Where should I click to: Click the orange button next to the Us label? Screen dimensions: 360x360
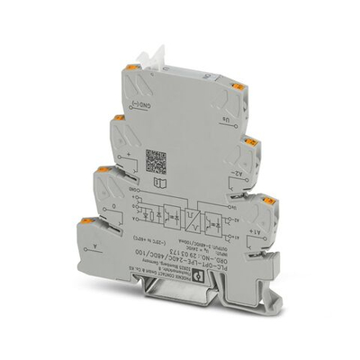pos(238,87)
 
